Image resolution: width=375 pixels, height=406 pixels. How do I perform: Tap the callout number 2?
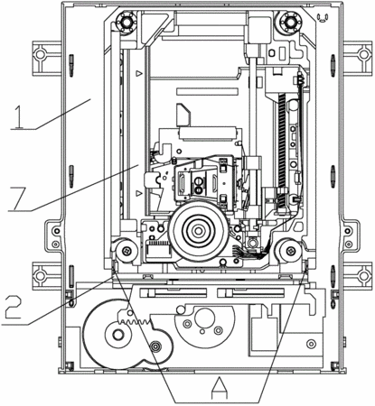click(x=14, y=307)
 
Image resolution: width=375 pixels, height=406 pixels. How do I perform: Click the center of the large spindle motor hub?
click(x=198, y=231)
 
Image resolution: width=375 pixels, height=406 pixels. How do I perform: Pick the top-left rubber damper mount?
click(x=125, y=22)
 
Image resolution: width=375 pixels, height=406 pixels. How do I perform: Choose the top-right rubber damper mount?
click(x=290, y=22)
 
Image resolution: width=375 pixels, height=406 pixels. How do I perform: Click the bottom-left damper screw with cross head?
click(x=127, y=250)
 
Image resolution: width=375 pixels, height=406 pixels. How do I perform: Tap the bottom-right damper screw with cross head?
click(x=290, y=249)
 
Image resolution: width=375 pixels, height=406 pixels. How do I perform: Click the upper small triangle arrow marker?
click(x=139, y=73)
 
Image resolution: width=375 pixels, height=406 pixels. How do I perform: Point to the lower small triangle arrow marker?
click(x=139, y=193)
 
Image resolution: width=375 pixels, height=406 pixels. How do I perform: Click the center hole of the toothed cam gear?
click(x=118, y=334)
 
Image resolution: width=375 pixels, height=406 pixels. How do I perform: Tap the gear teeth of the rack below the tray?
click(x=133, y=320)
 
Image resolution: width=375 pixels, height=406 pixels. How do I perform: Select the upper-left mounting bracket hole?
click(x=39, y=54)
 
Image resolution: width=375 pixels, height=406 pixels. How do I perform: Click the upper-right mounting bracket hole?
click(x=364, y=54)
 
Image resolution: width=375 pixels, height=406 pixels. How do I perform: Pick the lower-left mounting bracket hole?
click(x=39, y=275)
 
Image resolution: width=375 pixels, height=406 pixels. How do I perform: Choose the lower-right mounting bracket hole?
click(x=364, y=275)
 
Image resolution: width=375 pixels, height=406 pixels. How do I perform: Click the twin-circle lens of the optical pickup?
click(x=198, y=186)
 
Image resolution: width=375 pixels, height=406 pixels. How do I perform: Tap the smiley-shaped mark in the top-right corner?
click(x=323, y=18)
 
